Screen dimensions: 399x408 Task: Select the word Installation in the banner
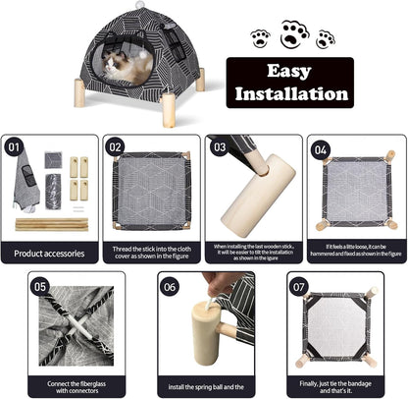click(x=289, y=94)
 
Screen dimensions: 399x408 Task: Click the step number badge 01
click(x=15, y=149)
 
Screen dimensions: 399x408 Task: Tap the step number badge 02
click(x=117, y=148)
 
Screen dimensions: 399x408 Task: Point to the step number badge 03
click(x=219, y=147)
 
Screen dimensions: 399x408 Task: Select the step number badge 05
click(x=40, y=287)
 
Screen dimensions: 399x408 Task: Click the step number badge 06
click(x=171, y=287)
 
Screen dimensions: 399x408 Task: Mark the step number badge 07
click(x=300, y=287)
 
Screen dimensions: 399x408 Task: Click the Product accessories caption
click(x=49, y=254)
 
